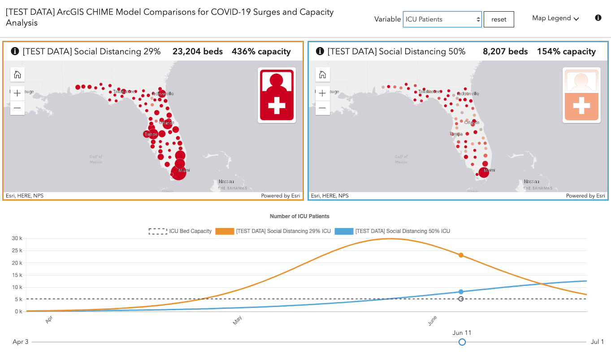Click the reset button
(x=498, y=19)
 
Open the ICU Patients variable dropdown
(x=442, y=19)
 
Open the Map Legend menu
(x=555, y=18)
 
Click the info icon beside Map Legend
(x=598, y=18)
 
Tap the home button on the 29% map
(x=17, y=75)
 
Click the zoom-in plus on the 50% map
(x=322, y=93)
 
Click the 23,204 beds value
(x=198, y=52)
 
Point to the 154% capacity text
(x=566, y=52)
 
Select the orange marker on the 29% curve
(x=461, y=255)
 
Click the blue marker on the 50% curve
(x=461, y=292)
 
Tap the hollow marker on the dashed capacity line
(x=461, y=299)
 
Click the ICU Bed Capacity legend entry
(x=180, y=231)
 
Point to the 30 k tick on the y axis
(x=17, y=238)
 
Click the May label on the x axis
(x=238, y=320)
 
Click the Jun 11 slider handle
(x=462, y=342)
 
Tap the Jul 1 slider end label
(x=597, y=342)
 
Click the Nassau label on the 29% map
(x=226, y=182)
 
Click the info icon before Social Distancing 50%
(x=320, y=51)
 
